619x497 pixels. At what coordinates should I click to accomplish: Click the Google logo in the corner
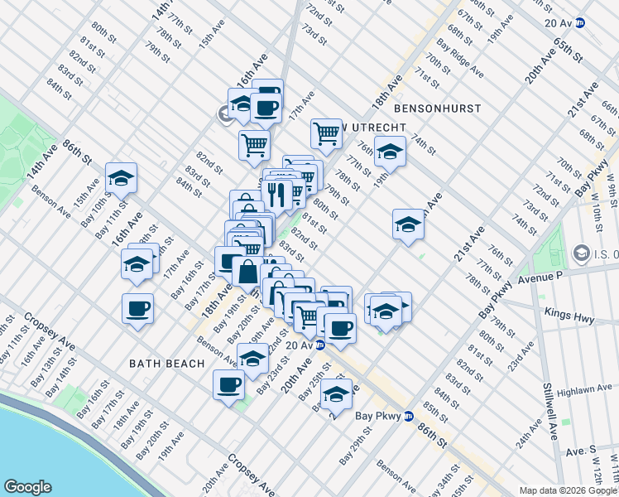click(27, 487)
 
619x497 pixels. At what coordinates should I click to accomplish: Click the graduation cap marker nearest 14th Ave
click(121, 179)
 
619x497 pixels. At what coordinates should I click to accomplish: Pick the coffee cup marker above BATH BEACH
click(137, 310)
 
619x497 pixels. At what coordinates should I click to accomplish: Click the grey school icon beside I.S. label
click(581, 253)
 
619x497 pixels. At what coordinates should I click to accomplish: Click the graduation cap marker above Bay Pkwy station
click(336, 396)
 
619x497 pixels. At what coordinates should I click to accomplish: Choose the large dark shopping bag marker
click(248, 271)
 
